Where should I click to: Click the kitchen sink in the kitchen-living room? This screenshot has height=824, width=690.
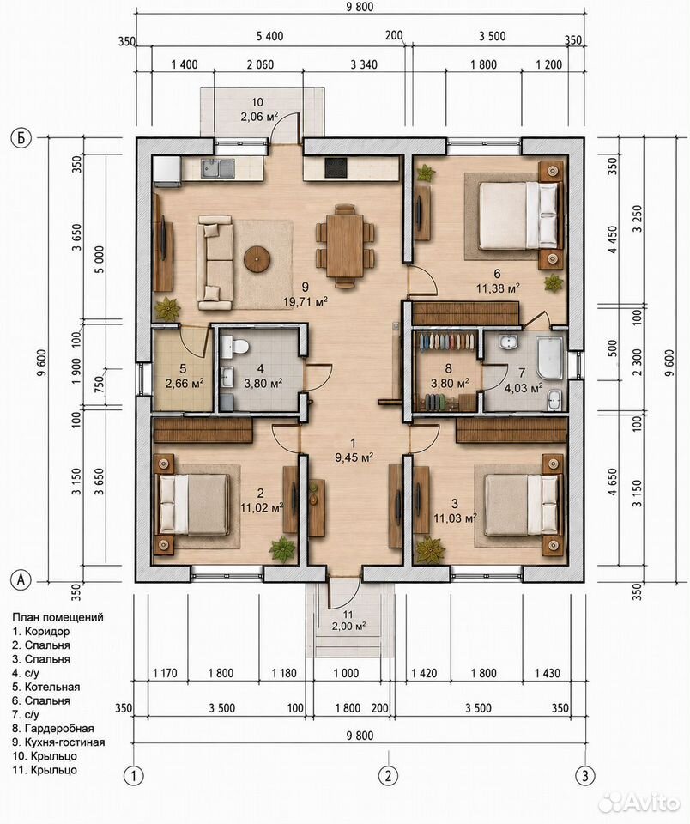[218, 168]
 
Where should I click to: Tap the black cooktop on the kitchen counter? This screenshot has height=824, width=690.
[336, 168]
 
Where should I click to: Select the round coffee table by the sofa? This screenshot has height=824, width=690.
[257, 259]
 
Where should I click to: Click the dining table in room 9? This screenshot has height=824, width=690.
[345, 245]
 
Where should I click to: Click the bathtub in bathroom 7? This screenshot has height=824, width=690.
[549, 358]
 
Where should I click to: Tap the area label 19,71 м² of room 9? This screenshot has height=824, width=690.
[306, 301]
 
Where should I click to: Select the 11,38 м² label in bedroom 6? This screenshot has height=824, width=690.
[498, 288]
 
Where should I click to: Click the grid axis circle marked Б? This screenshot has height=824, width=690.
[21, 138]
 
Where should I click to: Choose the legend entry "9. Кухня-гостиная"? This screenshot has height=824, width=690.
[58, 742]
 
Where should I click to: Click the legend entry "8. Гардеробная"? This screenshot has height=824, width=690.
[53, 729]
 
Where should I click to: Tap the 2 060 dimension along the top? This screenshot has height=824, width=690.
[260, 64]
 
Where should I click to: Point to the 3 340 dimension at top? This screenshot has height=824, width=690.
[364, 64]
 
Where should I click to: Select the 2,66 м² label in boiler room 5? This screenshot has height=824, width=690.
[185, 384]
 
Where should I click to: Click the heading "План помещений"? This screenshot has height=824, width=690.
[57, 617]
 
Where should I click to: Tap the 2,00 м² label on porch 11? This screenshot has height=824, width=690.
[348, 626]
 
